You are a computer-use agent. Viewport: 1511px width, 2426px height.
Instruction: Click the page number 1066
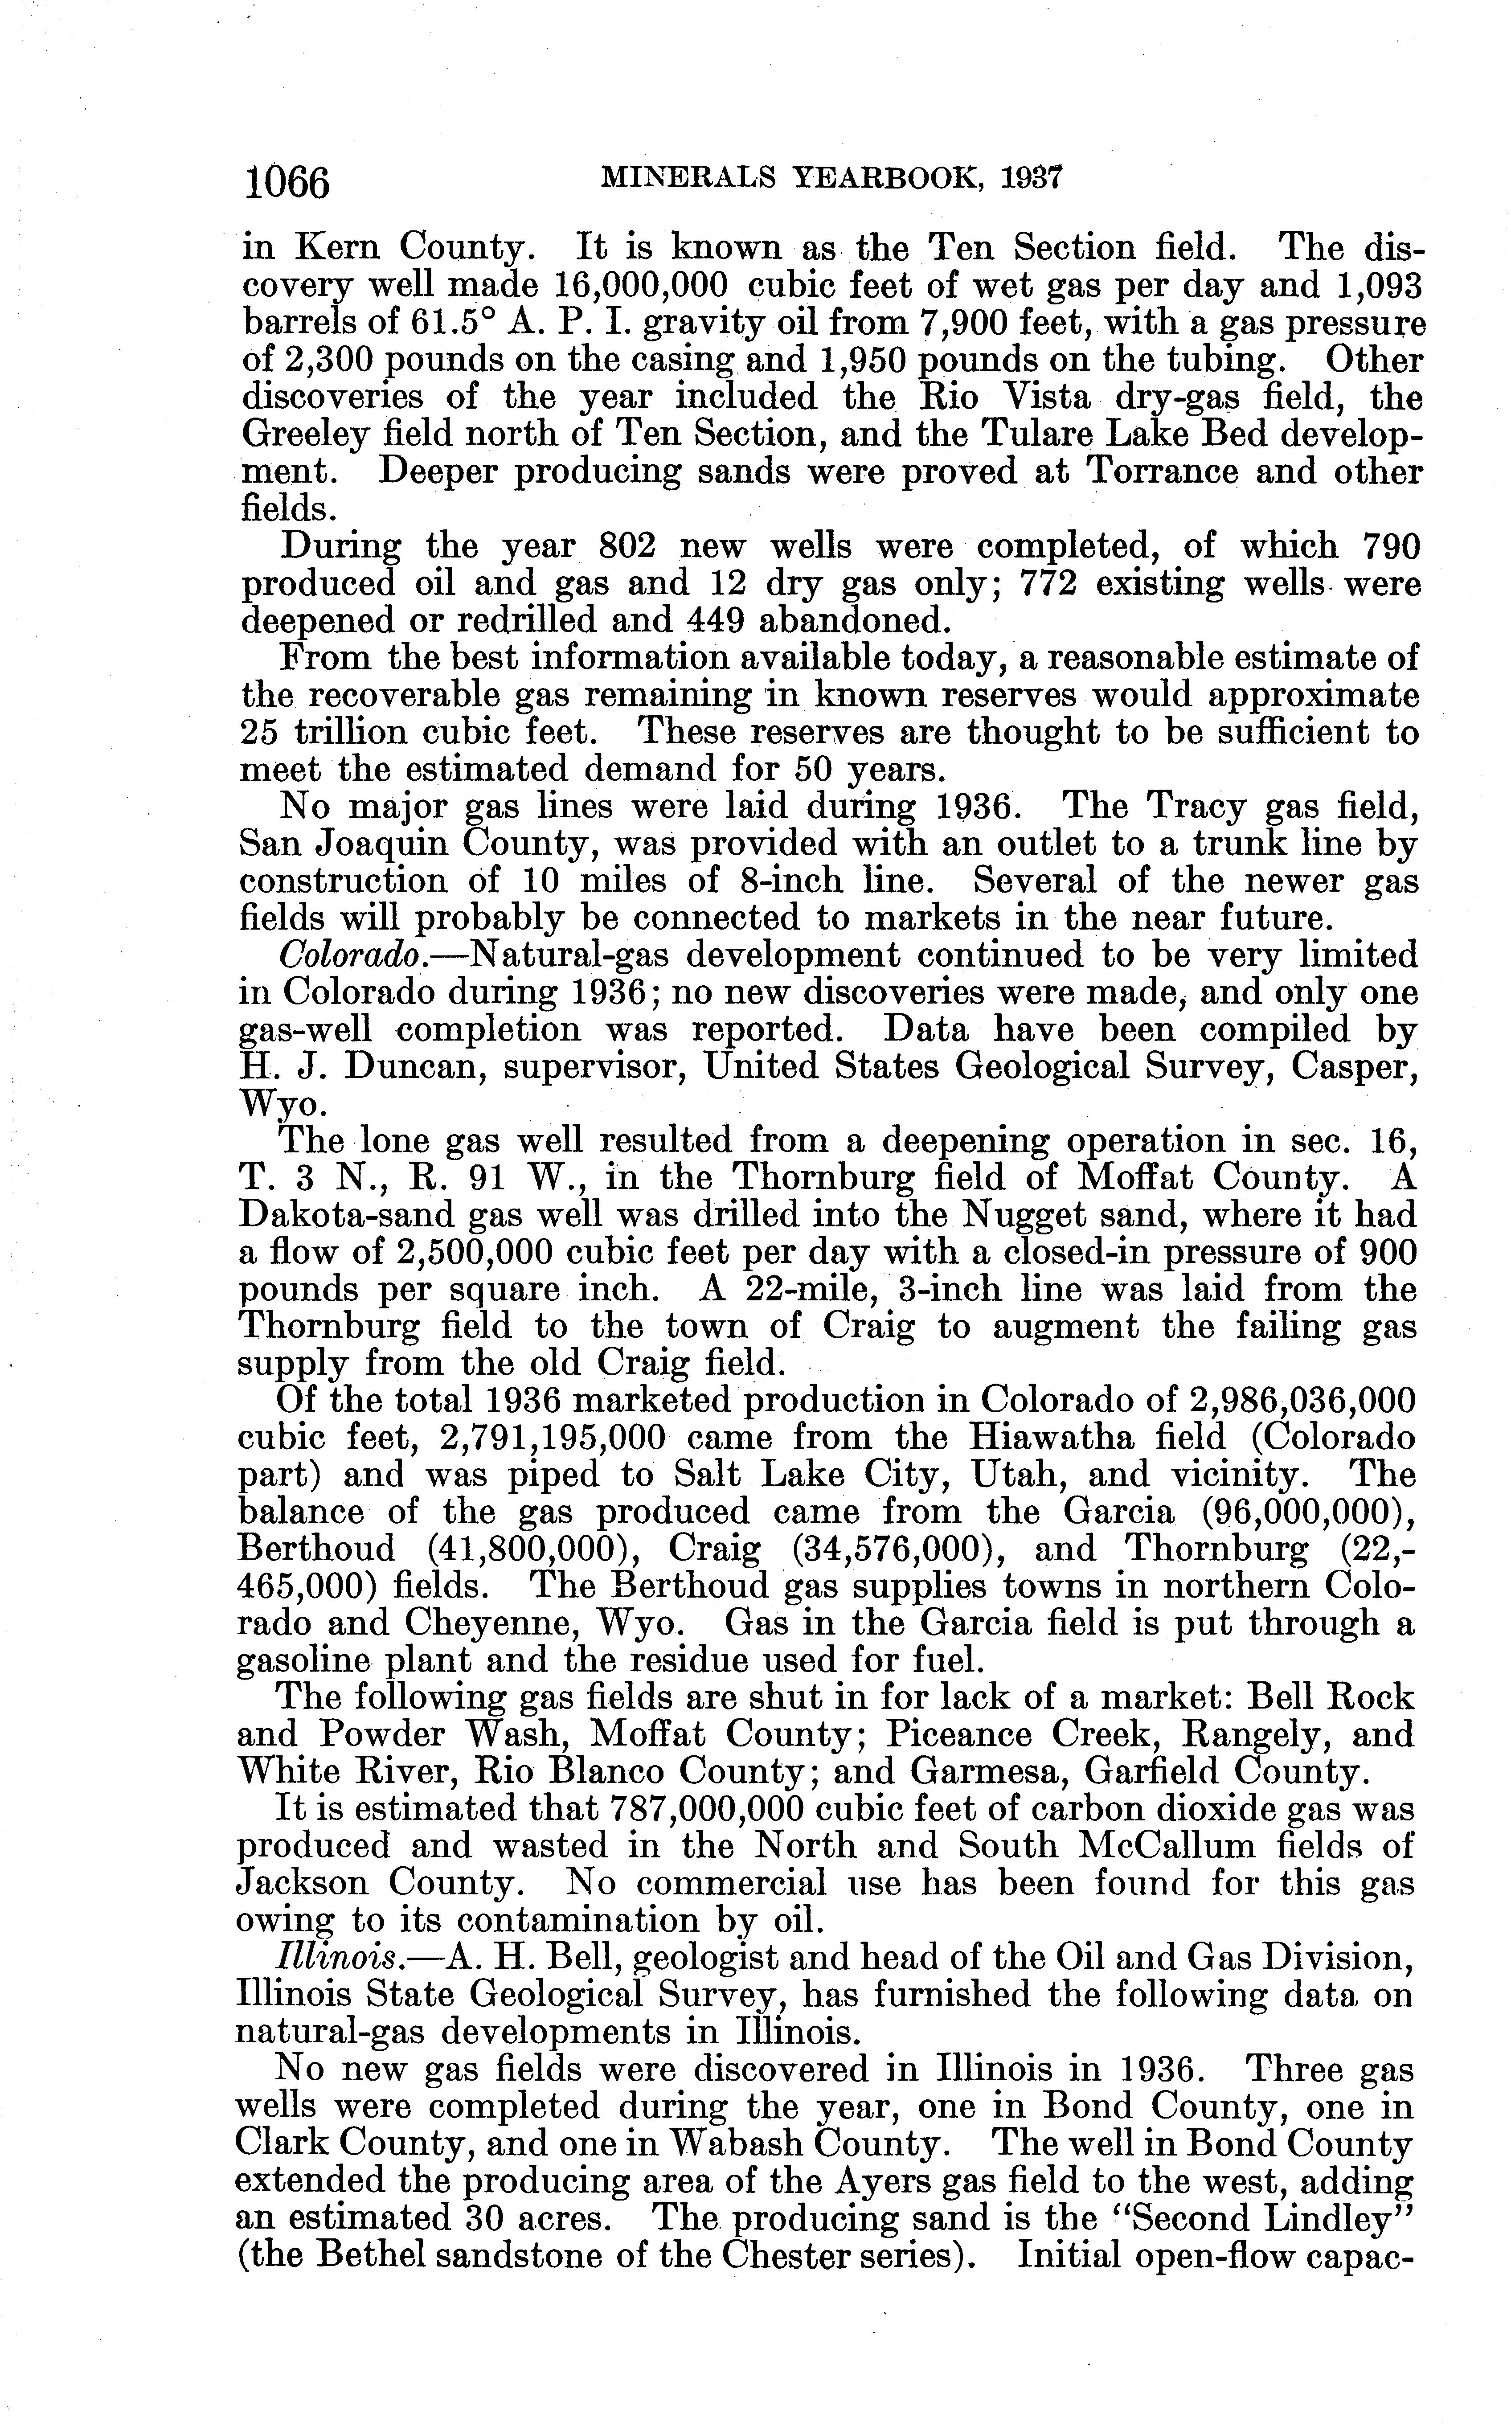pos(287,183)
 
